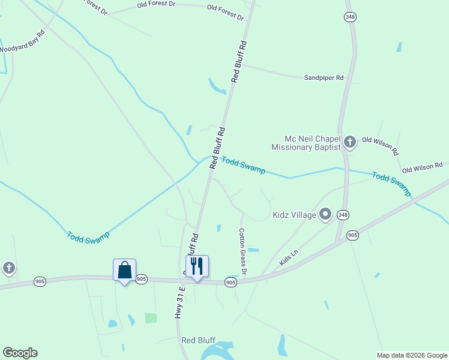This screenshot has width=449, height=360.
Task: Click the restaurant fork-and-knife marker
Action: tap(197, 266)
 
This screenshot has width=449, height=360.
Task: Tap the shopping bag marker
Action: tap(124, 269)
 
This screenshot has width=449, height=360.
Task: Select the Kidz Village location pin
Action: tap(325, 214)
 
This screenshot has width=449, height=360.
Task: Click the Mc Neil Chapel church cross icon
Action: tap(350, 142)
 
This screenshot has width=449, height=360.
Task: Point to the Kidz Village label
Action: tap(294, 215)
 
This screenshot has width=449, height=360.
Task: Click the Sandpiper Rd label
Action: tap(323, 78)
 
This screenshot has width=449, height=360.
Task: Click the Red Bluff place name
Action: tap(198, 340)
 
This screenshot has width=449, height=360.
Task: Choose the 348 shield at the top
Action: tap(350, 17)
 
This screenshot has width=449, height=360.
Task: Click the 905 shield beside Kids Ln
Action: tap(352, 235)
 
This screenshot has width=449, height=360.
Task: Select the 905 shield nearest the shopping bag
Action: tap(141, 279)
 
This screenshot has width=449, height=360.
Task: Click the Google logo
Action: tap(20, 353)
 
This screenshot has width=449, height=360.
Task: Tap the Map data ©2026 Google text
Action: tap(412, 355)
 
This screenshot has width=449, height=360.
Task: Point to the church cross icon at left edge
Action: tap(8, 268)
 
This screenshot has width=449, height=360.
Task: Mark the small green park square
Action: tap(151, 318)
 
